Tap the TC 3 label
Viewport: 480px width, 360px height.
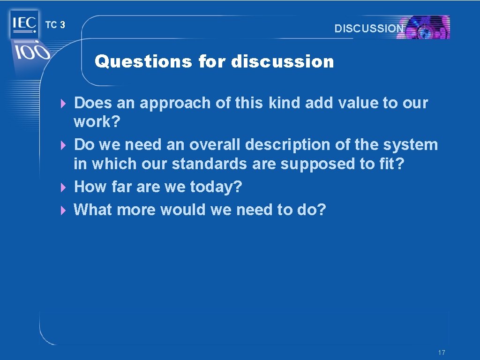[55, 25]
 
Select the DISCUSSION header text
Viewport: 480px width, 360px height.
[369, 28]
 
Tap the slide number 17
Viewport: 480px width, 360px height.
[441, 352]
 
